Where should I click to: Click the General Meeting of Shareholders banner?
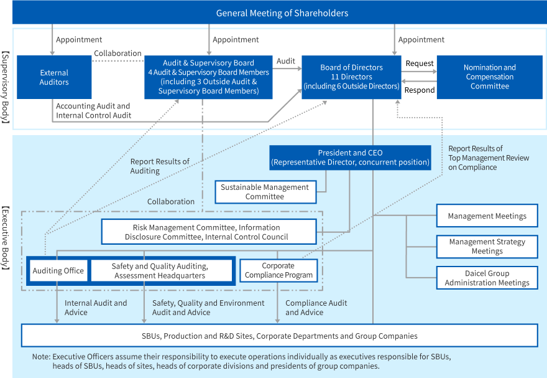[x=282, y=12]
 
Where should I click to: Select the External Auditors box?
[x=54, y=77]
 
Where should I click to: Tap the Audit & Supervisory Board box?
[x=208, y=77]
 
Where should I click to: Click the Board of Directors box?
[x=351, y=77]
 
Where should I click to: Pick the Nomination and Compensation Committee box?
[x=489, y=77]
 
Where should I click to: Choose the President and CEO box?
[x=350, y=158]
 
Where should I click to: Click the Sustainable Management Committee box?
[x=264, y=192]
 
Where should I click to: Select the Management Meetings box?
[x=487, y=215]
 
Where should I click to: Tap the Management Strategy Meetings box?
[x=487, y=246]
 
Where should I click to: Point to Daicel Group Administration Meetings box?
[x=487, y=278]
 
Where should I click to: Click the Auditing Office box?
[x=58, y=271]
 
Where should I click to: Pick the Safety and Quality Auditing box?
[x=160, y=271]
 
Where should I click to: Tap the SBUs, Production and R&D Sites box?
[x=279, y=336]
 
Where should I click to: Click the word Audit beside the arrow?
[x=286, y=62]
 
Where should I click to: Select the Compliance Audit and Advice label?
[x=316, y=307]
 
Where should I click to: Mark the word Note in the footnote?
[x=40, y=357]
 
